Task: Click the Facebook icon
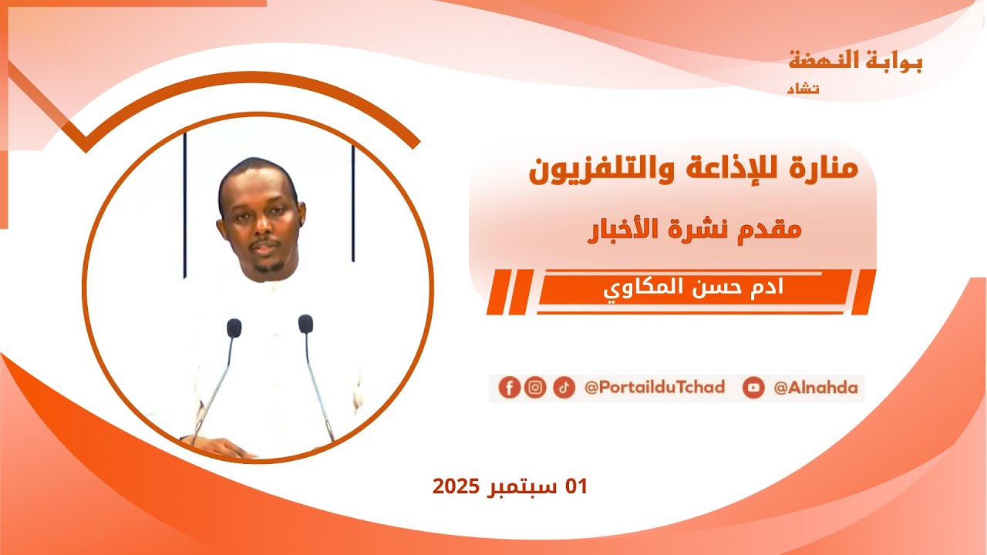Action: click(509, 387)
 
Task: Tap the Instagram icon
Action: click(535, 387)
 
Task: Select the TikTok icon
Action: click(564, 387)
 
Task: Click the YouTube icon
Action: click(753, 388)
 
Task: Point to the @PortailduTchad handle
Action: click(655, 387)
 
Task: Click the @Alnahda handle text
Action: click(816, 388)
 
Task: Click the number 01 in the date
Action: click(576, 486)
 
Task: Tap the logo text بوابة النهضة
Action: click(855, 61)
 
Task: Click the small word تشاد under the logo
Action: click(803, 89)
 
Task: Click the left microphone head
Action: click(234, 328)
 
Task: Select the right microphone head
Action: click(306, 324)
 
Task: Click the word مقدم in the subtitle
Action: click(771, 230)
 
